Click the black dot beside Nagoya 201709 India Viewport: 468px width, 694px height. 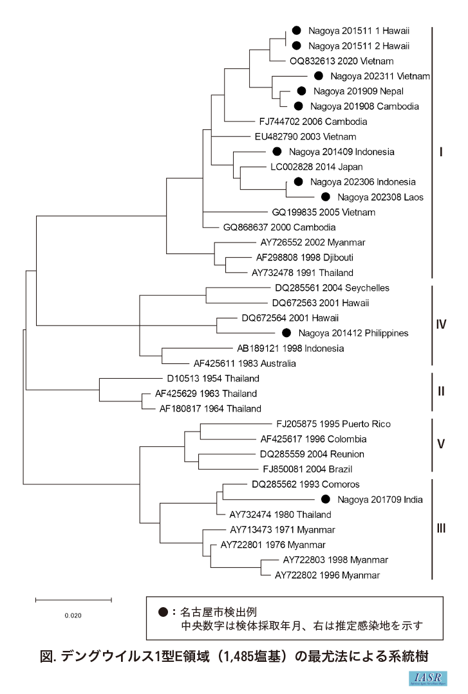325,499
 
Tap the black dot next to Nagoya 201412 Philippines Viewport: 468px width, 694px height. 287,333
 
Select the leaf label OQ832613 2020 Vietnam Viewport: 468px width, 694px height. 342,61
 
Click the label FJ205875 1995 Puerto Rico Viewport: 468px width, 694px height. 333,424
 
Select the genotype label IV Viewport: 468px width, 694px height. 441,325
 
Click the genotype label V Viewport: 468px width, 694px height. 441,444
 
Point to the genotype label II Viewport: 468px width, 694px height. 441,391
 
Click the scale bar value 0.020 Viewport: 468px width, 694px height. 73,615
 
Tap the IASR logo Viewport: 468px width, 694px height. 429,679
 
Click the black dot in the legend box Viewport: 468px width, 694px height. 163,612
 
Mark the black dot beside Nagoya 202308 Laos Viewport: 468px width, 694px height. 325,197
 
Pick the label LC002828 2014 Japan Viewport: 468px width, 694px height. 315,167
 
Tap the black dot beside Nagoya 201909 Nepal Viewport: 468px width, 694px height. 301,91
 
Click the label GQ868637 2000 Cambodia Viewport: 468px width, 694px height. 271,227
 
